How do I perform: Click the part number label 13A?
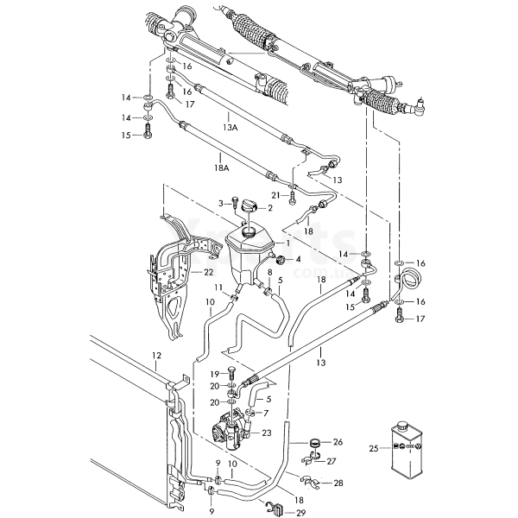(230, 127)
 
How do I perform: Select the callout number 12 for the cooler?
(156, 356)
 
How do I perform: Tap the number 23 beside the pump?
(266, 433)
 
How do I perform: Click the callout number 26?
(337, 442)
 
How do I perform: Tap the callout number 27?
(331, 462)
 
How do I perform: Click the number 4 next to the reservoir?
(298, 259)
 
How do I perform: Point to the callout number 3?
(220, 203)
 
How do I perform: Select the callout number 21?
(276, 195)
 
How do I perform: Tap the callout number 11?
(219, 287)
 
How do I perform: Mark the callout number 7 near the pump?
(265, 413)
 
